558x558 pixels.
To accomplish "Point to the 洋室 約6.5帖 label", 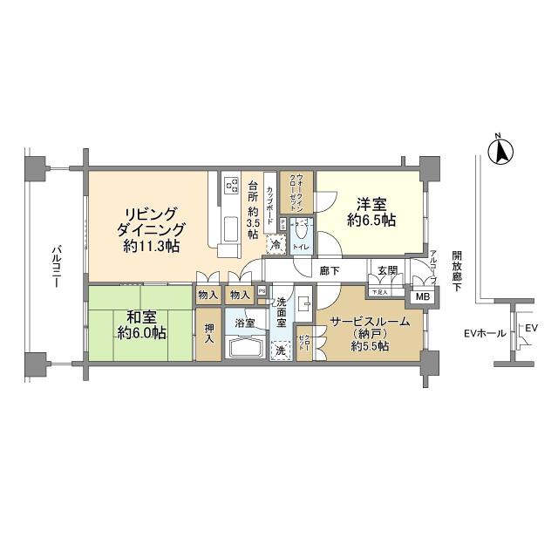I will [371, 213].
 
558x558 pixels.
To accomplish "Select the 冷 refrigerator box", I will [276, 246].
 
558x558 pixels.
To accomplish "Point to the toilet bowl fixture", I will [302, 231].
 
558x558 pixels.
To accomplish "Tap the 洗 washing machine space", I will [281, 350].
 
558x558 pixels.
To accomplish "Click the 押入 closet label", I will [209, 335].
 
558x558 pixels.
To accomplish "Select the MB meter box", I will [423, 296].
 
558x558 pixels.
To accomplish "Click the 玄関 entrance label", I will [387, 271].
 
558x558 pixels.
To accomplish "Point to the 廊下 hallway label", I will [330, 271].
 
